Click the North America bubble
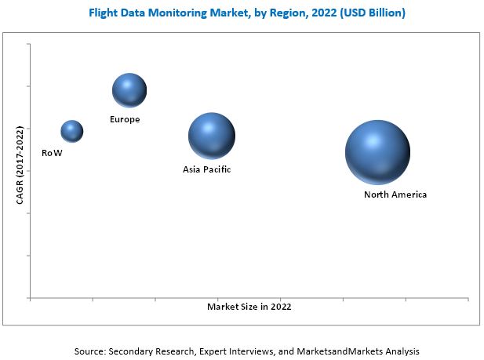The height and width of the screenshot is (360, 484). coord(377,153)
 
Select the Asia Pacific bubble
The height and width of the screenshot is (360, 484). coord(211,136)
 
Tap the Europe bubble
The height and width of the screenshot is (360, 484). coord(129,90)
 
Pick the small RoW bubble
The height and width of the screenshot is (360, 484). coord(71,131)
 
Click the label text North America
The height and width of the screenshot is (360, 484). coord(395,195)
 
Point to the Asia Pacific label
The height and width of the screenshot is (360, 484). coord(207,169)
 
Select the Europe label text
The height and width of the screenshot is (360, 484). coord(126,119)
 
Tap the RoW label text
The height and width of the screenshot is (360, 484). coord(52,153)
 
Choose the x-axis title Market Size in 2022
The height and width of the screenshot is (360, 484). coord(249,307)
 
